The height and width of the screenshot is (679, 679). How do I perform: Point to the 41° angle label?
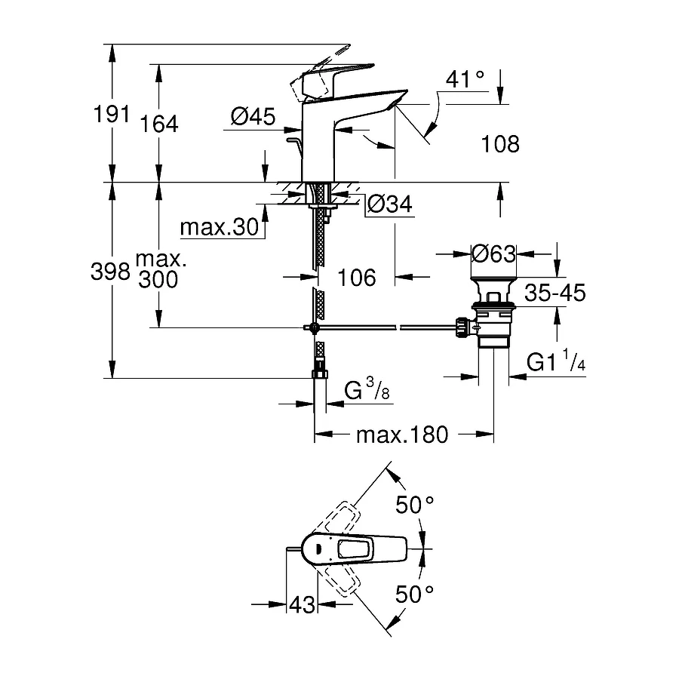click(463, 78)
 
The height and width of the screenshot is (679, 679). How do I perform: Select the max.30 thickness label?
click(220, 227)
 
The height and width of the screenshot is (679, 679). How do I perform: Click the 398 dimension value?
click(110, 272)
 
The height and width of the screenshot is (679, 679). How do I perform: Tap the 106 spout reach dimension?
click(356, 278)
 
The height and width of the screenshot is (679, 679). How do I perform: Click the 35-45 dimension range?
click(555, 293)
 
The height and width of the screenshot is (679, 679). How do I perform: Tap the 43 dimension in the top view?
click(302, 604)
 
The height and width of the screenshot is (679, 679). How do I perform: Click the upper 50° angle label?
click(416, 505)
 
